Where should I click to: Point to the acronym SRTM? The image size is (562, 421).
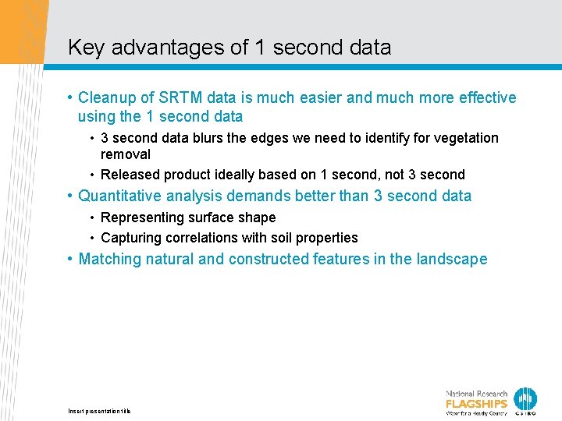coord(181,97)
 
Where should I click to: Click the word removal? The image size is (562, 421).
coord(126,154)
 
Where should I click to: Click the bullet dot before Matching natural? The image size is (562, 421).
coord(70,259)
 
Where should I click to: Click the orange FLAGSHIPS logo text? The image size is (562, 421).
coord(476,404)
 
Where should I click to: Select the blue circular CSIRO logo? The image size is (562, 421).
coord(525,398)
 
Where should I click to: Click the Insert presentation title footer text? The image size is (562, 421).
coord(99,411)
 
